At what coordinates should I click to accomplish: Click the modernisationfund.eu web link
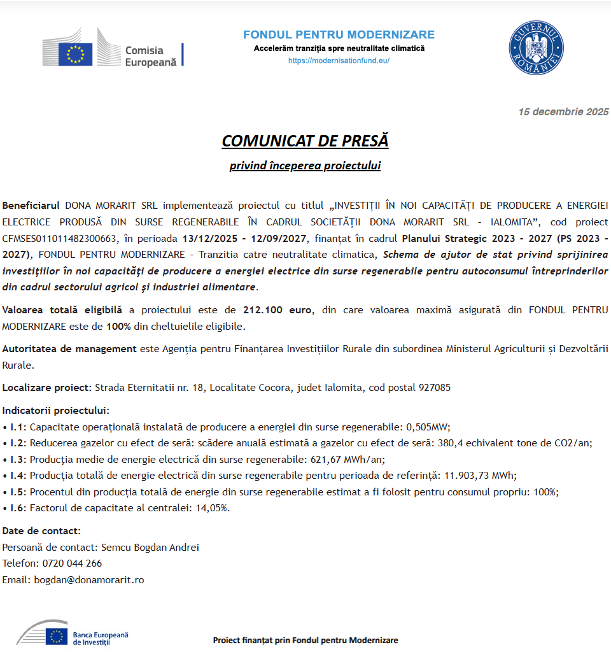click(339, 60)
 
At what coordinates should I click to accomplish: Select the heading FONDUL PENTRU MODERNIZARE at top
click(339, 34)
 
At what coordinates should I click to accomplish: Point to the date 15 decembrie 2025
click(563, 112)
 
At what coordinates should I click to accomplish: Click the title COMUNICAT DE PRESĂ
click(305, 141)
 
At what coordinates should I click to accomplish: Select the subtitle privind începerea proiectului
click(305, 166)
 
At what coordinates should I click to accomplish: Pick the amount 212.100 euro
click(277, 310)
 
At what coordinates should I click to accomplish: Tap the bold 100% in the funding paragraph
click(118, 327)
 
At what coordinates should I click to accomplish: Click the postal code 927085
click(435, 388)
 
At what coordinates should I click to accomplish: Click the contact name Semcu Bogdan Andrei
click(150, 547)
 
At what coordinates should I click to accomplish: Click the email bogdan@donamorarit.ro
click(88, 580)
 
